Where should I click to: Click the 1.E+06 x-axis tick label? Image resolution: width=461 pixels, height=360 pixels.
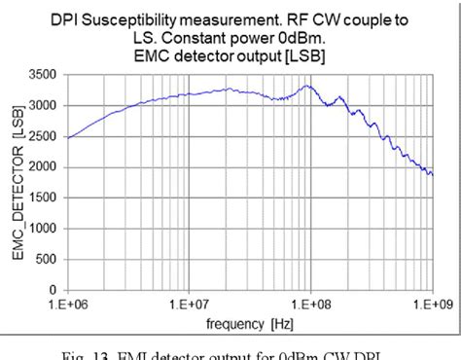click(x=67, y=305)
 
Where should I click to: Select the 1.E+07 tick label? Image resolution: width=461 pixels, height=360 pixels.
click(x=189, y=305)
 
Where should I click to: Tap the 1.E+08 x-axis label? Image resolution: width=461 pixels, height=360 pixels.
click(x=310, y=305)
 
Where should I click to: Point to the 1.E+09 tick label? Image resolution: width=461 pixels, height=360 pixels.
click(x=431, y=305)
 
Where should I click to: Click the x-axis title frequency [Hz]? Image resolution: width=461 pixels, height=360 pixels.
click(x=250, y=320)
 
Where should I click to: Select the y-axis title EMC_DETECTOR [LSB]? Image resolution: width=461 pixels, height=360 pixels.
click(x=18, y=183)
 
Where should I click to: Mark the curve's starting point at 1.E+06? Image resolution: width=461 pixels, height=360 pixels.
click(x=68, y=138)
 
